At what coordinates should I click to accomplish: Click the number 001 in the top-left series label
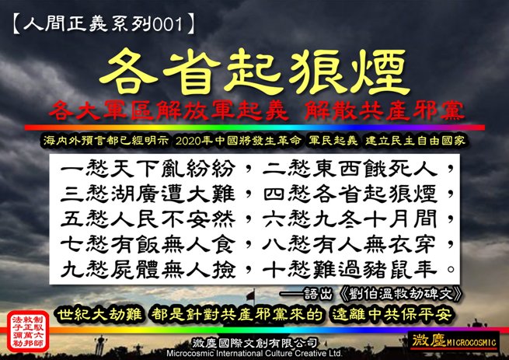(x=173, y=23)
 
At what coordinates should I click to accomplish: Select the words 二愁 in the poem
(x=286, y=166)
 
